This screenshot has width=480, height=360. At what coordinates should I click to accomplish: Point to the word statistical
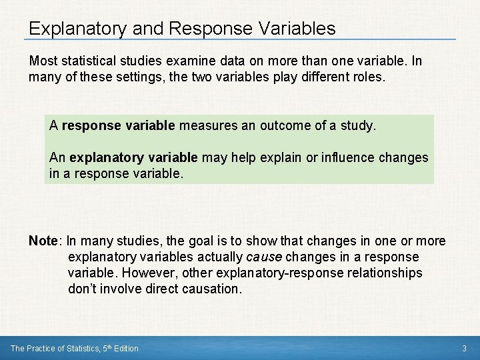tap(87, 61)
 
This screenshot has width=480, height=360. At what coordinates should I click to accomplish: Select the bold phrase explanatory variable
tap(134, 157)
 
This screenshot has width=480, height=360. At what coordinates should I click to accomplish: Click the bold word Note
tap(43, 241)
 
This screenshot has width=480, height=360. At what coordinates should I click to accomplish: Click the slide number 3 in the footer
tap(464, 349)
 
